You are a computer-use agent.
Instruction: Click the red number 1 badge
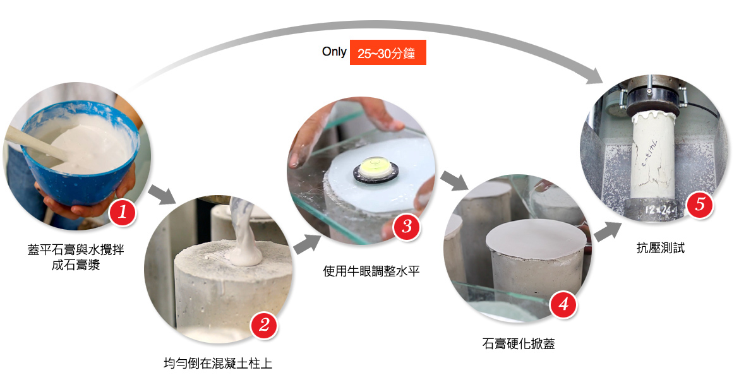(123, 212)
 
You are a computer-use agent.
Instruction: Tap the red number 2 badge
(264, 324)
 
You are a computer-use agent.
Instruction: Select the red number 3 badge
(407, 226)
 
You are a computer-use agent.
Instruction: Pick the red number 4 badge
(563, 304)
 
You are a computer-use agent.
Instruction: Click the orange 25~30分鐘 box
(388, 52)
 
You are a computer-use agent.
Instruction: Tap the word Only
(334, 51)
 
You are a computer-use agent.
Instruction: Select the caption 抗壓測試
(660, 248)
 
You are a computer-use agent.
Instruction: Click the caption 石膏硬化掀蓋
(519, 343)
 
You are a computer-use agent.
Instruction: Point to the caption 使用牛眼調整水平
(371, 271)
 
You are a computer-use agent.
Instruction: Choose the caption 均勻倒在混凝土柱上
(218, 363)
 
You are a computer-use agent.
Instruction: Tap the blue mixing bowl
(80, 155)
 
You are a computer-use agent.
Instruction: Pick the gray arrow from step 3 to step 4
(454, 181)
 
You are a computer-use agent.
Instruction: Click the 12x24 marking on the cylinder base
(660, 209)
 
